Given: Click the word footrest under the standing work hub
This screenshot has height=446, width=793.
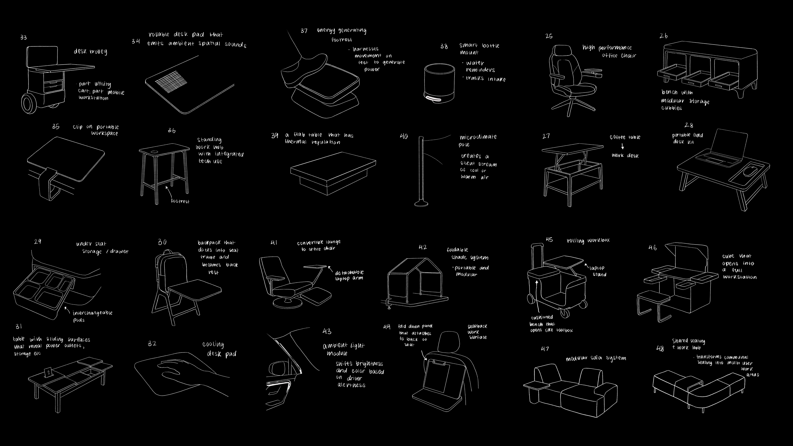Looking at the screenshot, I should (x=180, y=201).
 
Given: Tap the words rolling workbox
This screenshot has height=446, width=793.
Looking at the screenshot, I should (x=588, y=240).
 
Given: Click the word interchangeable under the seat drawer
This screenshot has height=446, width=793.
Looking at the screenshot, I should (x=92, y=313).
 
